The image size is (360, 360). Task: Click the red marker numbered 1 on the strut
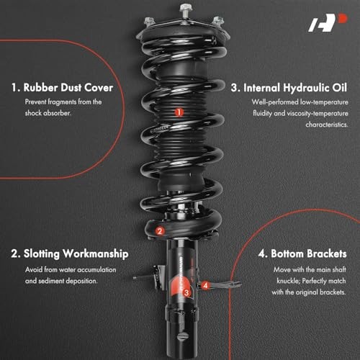tap(178, 112)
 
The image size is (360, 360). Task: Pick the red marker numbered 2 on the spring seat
tap(159, 231)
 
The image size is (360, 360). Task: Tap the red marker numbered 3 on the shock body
tap(186, 292)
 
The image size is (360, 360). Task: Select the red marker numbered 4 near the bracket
tap(206, 285)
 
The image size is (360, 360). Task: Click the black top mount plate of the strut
tap(180, 32)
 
